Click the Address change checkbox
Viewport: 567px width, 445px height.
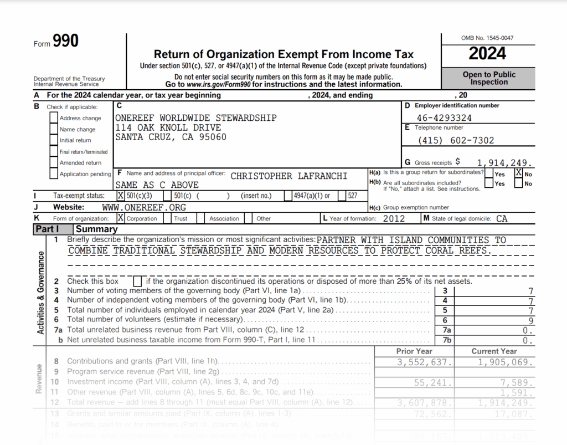[x=54, y=118]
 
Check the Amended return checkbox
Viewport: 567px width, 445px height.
[x=54, y=162]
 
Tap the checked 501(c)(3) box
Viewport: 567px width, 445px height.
[x=121, y=196]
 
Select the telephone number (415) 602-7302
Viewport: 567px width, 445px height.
[x=456, y=140]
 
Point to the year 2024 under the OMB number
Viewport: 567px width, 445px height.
[x=487, y=54]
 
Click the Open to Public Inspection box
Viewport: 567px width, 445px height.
[x=488, y=78]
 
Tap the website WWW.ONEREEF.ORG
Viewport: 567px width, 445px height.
[x=144, y=207]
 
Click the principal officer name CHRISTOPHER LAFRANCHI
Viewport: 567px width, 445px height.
[x=288, y=176]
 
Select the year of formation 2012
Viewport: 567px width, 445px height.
[x=394, y=218]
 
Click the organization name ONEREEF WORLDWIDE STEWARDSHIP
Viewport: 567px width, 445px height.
[x=196, y=118]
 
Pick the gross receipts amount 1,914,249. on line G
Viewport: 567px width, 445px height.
[x=505, y=163]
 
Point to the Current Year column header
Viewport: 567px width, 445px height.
[x=494, y=351]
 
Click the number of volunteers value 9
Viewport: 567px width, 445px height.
[x=531, y=320]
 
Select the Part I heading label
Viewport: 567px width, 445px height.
[x=47, y=229]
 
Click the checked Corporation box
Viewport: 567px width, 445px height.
[x=121, y=218]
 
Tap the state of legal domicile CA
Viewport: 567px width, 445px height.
[x=501, y=218]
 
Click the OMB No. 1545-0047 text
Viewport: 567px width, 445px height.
[x=487, y=38]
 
